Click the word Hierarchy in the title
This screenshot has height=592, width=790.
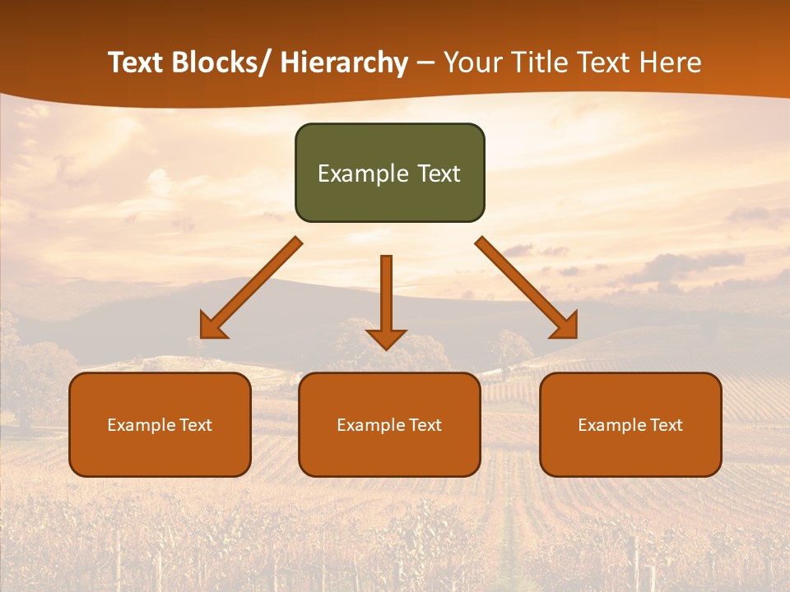[344, 62]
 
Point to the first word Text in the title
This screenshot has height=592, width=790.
[134, 62]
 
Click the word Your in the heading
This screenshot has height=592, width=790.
[473, 62]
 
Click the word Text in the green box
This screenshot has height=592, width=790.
[438, 173]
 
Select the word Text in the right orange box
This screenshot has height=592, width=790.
[666, 425]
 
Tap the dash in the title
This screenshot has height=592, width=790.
[425, 62]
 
